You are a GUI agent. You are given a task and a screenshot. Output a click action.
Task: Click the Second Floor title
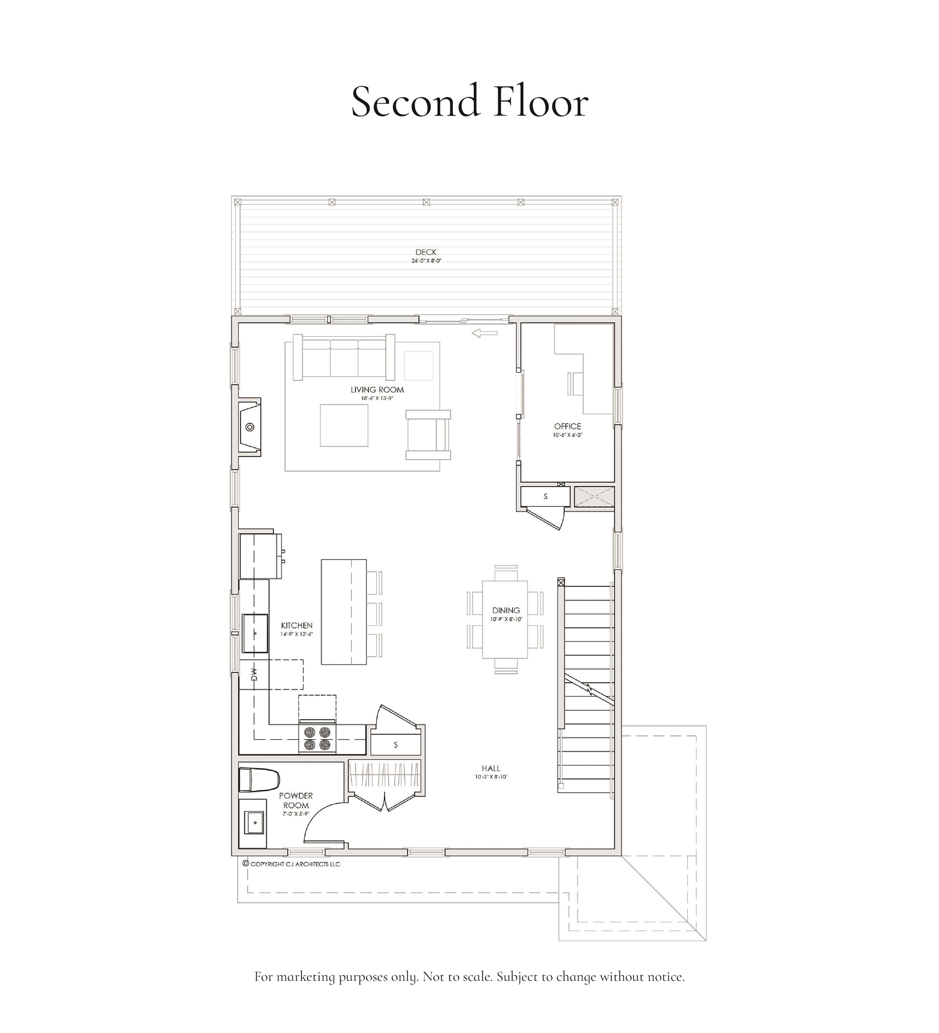point(469,102)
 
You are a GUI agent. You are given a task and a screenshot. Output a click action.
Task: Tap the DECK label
point(426,252)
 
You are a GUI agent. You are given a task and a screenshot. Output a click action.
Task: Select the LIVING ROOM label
point(377,390)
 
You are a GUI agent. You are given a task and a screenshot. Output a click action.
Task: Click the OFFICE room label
point(567,426)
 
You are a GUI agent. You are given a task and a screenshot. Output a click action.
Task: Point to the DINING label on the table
point(506,610)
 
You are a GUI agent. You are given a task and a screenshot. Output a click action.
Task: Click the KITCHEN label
point(296,625)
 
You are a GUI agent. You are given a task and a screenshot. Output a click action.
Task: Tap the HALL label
point(491,768)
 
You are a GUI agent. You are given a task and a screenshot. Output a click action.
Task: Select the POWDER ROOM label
point(296,800)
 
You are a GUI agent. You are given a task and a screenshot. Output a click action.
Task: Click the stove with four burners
point(317,738)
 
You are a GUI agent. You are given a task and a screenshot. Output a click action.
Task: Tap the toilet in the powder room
point(259,780)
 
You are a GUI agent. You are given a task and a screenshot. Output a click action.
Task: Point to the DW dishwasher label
point(254,674)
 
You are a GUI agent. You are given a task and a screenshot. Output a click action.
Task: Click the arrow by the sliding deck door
point(484,334)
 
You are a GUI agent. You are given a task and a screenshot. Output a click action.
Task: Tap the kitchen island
point(343,612)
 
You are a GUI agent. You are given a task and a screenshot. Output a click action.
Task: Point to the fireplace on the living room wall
point(250,427)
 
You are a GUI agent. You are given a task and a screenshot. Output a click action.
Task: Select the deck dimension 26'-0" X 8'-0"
point(426,261)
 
